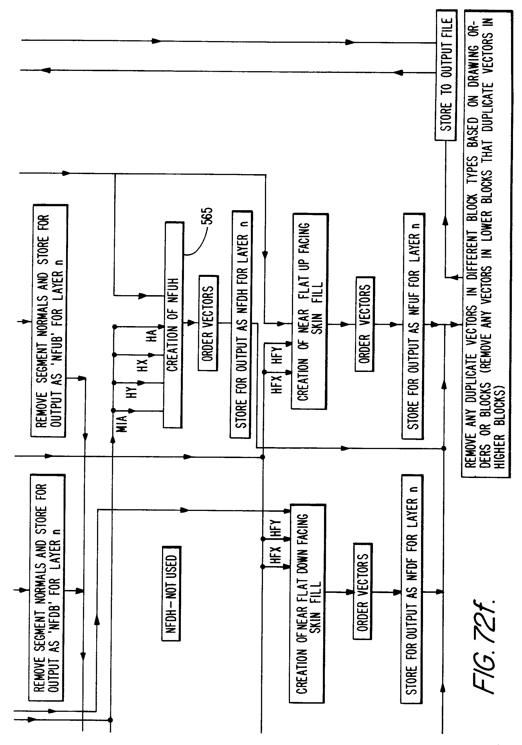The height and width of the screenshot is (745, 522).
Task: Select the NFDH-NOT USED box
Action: [171, 593]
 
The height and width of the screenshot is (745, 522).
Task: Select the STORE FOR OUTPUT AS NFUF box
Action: [414, 326]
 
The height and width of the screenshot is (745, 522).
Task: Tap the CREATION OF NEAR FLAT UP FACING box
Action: [309, 311]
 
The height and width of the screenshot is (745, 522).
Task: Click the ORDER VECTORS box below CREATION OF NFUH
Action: [208, 323]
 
